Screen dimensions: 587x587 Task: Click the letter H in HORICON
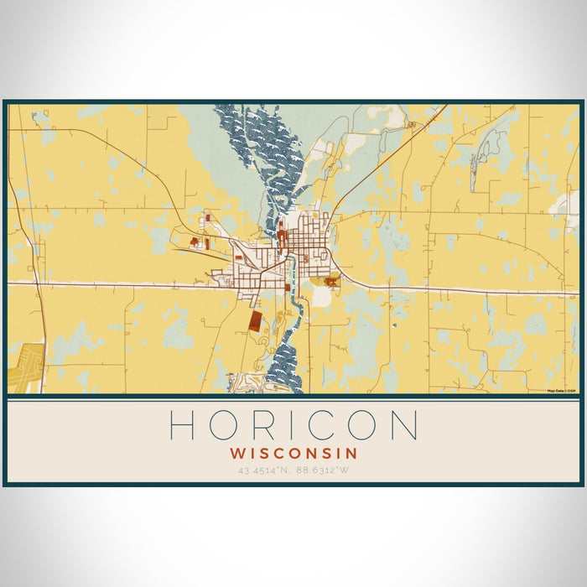coord(182,425)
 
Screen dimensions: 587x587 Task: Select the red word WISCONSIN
coord(293,453)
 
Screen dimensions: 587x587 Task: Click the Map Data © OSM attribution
coord(561,391)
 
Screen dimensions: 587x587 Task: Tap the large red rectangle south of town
coord(254,321)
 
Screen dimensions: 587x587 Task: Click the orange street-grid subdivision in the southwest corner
coord(25,367)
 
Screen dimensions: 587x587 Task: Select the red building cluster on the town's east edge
coord(332,282)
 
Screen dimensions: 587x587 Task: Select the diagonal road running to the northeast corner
coord(394,151)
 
